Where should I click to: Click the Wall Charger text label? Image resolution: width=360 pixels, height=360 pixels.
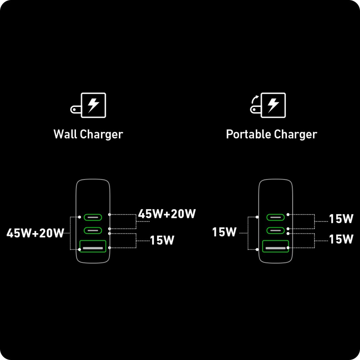pyautogui.click(x=88, y=134)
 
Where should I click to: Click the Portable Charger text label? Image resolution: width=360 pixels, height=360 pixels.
pyautogui.click(x=271, y=134)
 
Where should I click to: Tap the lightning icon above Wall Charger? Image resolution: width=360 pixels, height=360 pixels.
pyautogui.click(x=93, y=105)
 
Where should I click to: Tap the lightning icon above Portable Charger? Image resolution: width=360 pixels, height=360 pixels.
pyautogui.click(x=273, y=105)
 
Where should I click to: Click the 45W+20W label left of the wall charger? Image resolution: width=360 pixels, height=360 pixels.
pyautogui.click(x=35, y=233)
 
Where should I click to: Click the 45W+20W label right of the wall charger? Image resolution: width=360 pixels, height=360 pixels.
pyautogui.click(x=167, y=214)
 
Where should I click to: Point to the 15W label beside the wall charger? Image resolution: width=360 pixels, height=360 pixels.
pyautogui.click(x=162, y=240)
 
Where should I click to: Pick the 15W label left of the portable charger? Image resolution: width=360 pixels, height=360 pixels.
pyautogui.click(x=224, y=232)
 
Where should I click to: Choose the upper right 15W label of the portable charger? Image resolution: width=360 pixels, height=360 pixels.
pyautogui.click(x=341, y=219)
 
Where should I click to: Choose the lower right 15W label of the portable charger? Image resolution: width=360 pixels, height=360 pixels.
pyautogui.click(x=341, y=239)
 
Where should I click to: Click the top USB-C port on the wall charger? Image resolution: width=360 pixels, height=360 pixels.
pyautogui.click(x=93, y=217)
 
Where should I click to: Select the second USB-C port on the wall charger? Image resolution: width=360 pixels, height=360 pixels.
pyautogui.click(x=93, y=230)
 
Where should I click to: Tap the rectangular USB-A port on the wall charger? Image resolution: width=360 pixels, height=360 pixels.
pyautogui.click(x=93, y=246)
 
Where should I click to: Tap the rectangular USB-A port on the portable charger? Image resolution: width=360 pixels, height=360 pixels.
pyautogui.click(x=275, y=246)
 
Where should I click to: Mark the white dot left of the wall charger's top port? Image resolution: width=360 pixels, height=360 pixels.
pyautogui.click(x=80, y=217)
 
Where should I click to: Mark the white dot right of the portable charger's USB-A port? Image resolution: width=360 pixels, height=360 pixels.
pyautogui.click(x=288, y=248)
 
